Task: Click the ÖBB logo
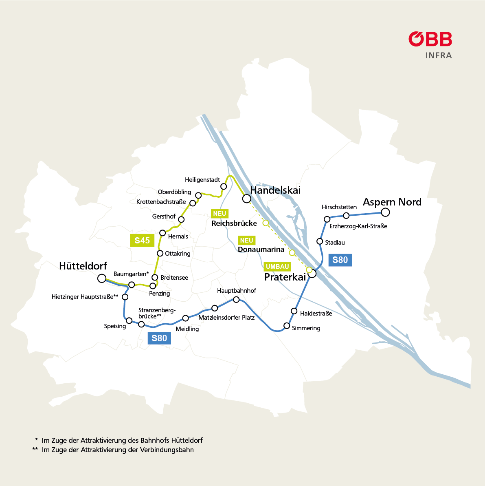430,39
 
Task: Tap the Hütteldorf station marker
102,278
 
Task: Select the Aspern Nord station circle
385,212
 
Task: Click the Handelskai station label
275,190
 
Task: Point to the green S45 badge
142,241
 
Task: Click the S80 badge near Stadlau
340,260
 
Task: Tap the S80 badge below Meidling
159,338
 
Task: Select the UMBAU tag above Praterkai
277,267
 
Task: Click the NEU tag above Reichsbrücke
219,214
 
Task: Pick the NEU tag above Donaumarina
246,241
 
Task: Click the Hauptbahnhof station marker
236,300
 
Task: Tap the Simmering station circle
287,326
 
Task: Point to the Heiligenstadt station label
202,180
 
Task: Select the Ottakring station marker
160,253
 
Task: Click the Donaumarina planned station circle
292,253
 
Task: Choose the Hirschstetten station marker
346,215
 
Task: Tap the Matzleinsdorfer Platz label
226,318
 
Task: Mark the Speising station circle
129,320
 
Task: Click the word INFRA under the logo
439,55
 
